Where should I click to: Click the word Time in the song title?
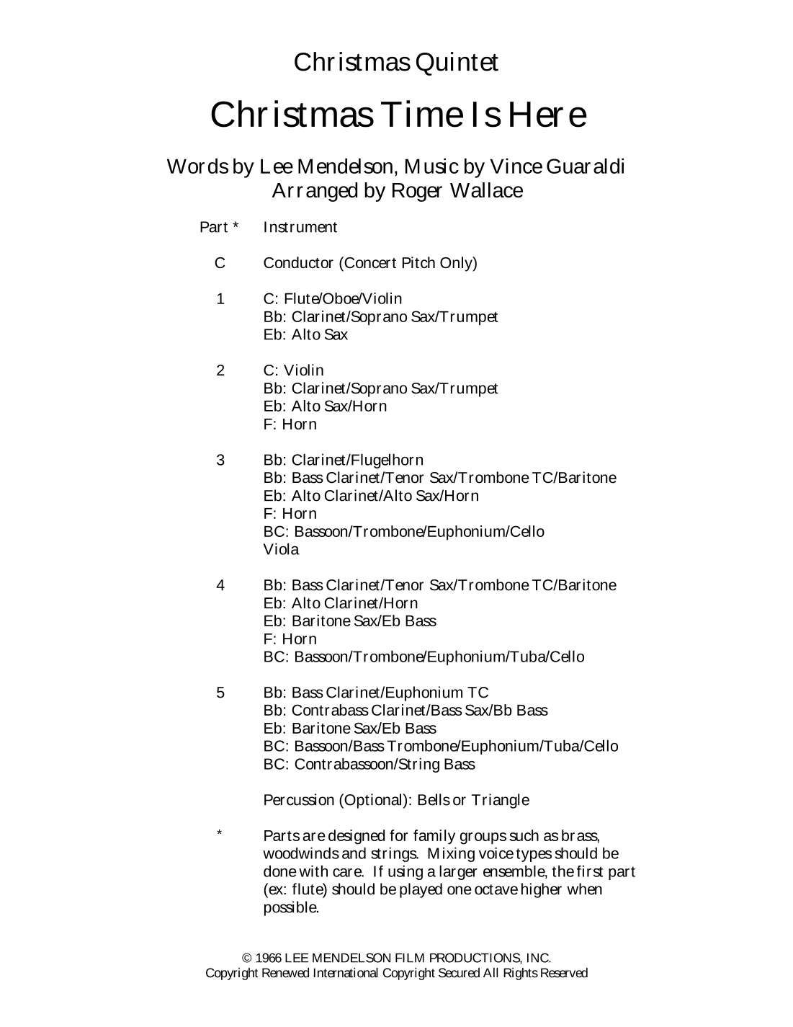(x=425, y=115)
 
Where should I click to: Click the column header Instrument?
(x=300, y=228)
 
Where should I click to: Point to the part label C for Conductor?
(x=220, y=263)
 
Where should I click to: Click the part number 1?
(x=220, y=299)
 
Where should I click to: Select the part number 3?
(x=220, y=460)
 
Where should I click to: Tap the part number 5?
(x=220, y=693)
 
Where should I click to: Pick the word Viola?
(x=281, y=550)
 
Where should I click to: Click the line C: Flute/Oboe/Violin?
(x=333, y=299)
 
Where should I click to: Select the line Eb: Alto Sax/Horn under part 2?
(x=325, y=406)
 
